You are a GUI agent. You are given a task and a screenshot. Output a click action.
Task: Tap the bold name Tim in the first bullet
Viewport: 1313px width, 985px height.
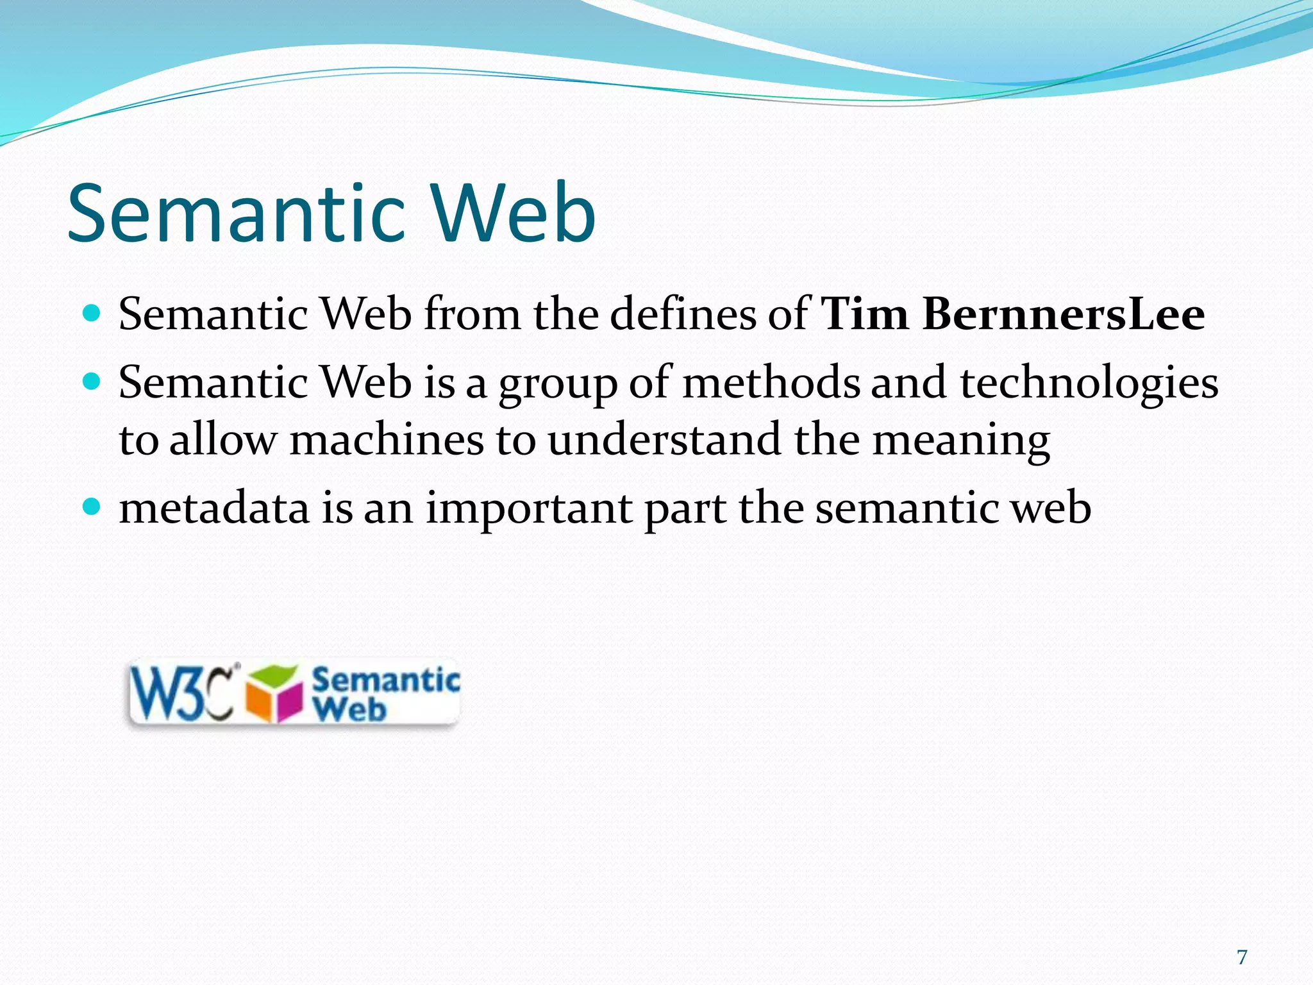click(x=865, y=314)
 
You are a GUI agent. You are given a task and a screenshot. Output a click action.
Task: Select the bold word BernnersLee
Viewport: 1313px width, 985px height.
click(x=1064, y=314)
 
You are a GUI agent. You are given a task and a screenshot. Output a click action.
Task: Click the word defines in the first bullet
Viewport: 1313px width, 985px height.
click(x=683, y=314)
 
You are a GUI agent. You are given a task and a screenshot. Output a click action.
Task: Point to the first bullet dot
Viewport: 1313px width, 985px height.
click(x=92, y=314)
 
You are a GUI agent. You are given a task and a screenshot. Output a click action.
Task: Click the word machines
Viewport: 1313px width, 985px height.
click(x=387, y=441)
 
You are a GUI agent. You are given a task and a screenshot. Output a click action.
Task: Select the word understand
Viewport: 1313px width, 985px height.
click(x=664, y=441)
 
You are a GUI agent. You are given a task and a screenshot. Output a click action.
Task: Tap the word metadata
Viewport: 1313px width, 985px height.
click(x=214, y=508)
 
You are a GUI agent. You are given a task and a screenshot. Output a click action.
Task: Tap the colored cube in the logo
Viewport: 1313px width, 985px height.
click(x=274, y=695)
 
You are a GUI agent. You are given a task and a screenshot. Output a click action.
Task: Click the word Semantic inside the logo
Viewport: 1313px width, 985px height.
click(x=385, y=679)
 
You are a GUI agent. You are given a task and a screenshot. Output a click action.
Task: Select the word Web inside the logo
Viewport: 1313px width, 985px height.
click(x=350, y=709)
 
